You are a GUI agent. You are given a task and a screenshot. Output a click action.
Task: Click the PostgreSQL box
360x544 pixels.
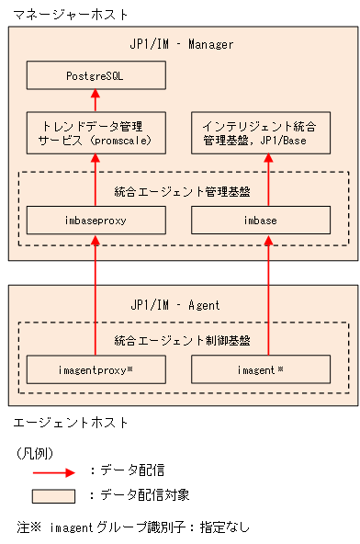[x=96, y=75]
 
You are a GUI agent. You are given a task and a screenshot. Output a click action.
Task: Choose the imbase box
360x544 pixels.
[x=260, y=221]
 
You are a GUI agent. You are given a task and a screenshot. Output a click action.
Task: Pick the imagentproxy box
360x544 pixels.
[x=96, y=369]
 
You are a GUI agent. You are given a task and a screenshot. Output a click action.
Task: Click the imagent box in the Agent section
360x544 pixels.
[x=260, y=369]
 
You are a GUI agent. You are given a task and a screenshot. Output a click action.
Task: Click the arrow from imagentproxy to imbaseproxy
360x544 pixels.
[x=96, y=294]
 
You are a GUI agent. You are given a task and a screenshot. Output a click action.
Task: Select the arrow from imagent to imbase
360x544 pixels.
[x=267, y=294]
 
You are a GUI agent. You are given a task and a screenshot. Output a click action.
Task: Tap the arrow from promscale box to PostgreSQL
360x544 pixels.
[x=96, y=101]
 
